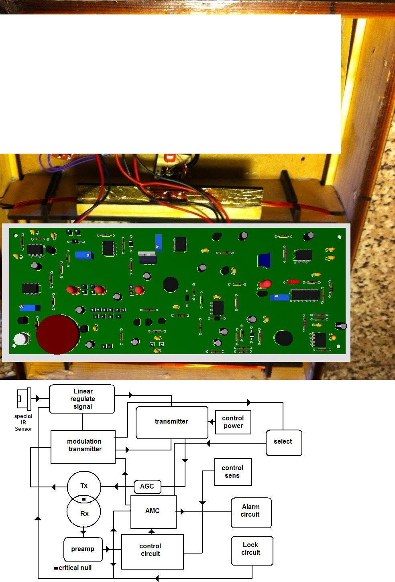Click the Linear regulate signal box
coord(82,399)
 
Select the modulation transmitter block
coord(83,447)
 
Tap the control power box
coord(233,422)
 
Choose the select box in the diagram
coord(284,443)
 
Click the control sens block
coord(233,472)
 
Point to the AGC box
coord(147,487)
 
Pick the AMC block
coord(153,512)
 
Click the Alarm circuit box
coord(251,513)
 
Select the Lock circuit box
coord(252,550)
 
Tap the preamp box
coord(83,549)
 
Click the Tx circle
coord(84,486)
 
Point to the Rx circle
coord(83,511)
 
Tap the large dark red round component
coord(57,335)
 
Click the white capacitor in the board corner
coord(21,339)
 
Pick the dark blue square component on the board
coord(264,260)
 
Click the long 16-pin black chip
coord(306,295)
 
